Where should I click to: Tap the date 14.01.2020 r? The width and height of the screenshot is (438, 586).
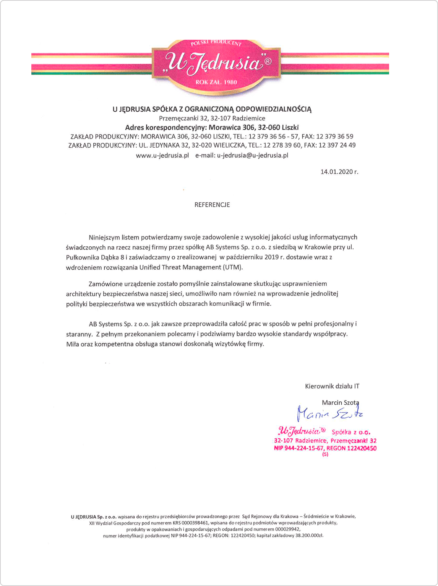coord(339,172)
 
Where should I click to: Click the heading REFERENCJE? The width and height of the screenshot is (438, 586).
coord(212,205)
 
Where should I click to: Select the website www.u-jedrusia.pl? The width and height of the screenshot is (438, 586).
coord(162,155)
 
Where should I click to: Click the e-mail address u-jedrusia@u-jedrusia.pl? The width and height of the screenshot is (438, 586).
coord(253,155)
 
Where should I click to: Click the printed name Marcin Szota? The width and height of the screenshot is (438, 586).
coord(340,402)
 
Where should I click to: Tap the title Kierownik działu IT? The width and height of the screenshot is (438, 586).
coord(332,386)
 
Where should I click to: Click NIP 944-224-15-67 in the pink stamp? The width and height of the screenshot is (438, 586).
coord(298,448)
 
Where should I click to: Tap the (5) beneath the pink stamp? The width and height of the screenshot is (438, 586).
coord(325,455)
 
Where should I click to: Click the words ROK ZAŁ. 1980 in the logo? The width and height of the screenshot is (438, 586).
coord(216,82)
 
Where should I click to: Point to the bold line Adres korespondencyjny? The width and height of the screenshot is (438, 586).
coord(212,127)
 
